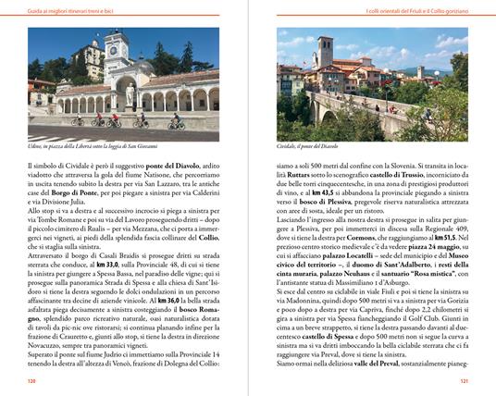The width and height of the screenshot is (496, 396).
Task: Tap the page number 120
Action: [x=33, y=379]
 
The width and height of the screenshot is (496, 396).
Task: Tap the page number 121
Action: [x=462, y=379]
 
